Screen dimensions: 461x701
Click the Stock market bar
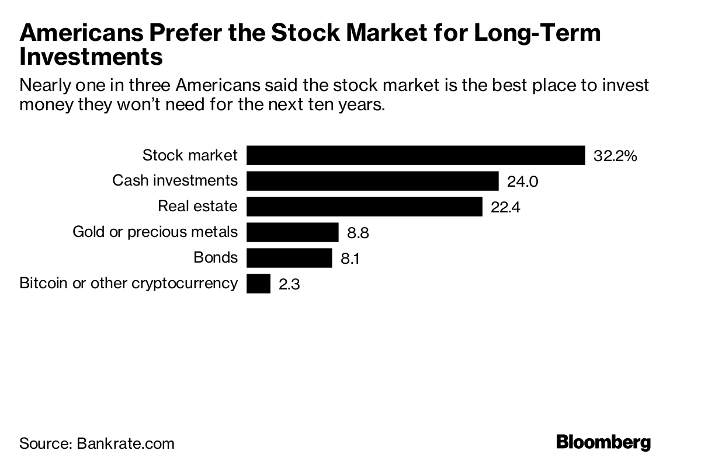tap(415, 155)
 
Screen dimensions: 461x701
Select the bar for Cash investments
tap(372, 181)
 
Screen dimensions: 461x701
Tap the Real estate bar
tap(364, 207)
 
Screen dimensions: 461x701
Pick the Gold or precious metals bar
tap(292, 232)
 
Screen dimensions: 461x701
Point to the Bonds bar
tap(289, 258)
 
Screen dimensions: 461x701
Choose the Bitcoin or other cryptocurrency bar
tap(258, 284)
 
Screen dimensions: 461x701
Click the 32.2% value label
tap(615, 156)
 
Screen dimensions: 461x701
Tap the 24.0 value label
tap(522, 181)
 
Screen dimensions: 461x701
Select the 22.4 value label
tap(505, 207)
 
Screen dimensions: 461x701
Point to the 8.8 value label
tap(359, 233)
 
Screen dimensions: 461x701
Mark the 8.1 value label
tap(349, 259)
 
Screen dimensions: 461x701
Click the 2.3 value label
tap(289, 284)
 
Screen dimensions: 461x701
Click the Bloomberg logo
tap(603, 442)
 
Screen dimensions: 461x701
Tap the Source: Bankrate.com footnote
tap(97, 443)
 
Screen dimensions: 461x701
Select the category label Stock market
tap(190, 155)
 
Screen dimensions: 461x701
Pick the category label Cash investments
tap(175, 180)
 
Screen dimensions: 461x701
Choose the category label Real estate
tap(198, 206)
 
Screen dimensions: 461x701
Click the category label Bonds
tap(216, 257)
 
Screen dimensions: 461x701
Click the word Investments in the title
tap(91, 58)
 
